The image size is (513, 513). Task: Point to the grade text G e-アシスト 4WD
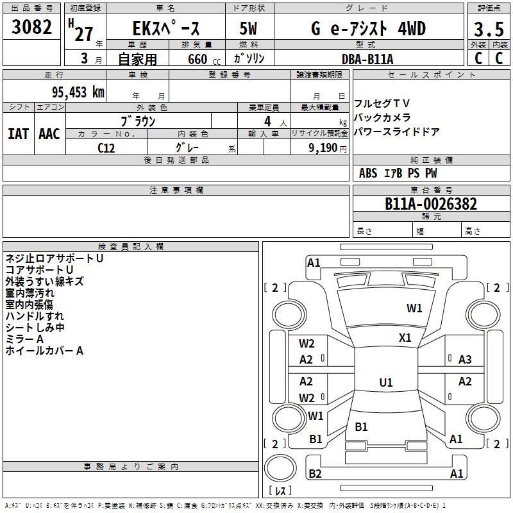368,29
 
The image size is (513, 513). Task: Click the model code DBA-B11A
367,59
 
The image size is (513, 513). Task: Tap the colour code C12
106,147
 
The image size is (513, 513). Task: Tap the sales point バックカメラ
383,118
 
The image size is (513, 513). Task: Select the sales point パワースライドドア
397,132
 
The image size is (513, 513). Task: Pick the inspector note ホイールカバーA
44,351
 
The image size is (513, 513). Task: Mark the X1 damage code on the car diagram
405,338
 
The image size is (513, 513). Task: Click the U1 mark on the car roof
386,383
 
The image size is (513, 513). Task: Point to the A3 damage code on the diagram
465,360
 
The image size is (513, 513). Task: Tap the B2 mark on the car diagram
315,474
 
